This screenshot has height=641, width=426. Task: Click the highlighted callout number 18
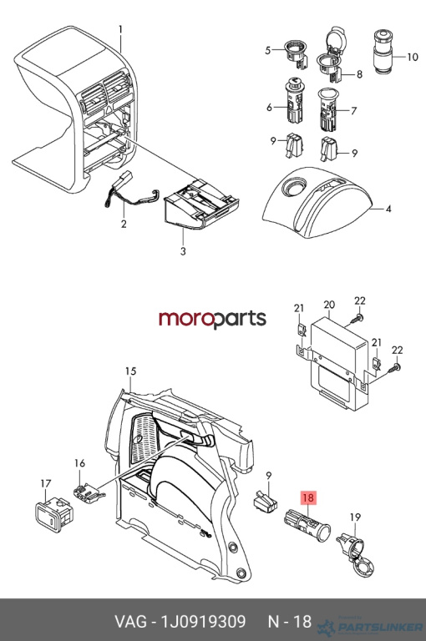pyautogui.click(x=308, y=497)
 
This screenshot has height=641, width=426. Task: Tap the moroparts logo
pyautogui.click(x=212, y=319)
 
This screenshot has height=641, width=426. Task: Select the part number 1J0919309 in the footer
pyautogui.click(x=203, y=621)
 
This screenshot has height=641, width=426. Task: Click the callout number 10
pyautogui.click(x=413, y=57)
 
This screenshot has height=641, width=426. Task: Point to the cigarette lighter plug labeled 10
pyautogui.click(x=384, y=51)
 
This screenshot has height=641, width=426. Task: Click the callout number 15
pyautogui.click(x=130, y=371)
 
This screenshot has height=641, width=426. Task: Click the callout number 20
pyautogui.click(x=329, y=305)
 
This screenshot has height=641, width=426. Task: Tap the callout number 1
pyautogui.click(x=121, y=29)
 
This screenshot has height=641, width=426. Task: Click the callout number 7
pyautogui.click(x=353, y=110)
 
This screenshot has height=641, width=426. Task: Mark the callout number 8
pyautogui.click(x=359, y=74)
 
